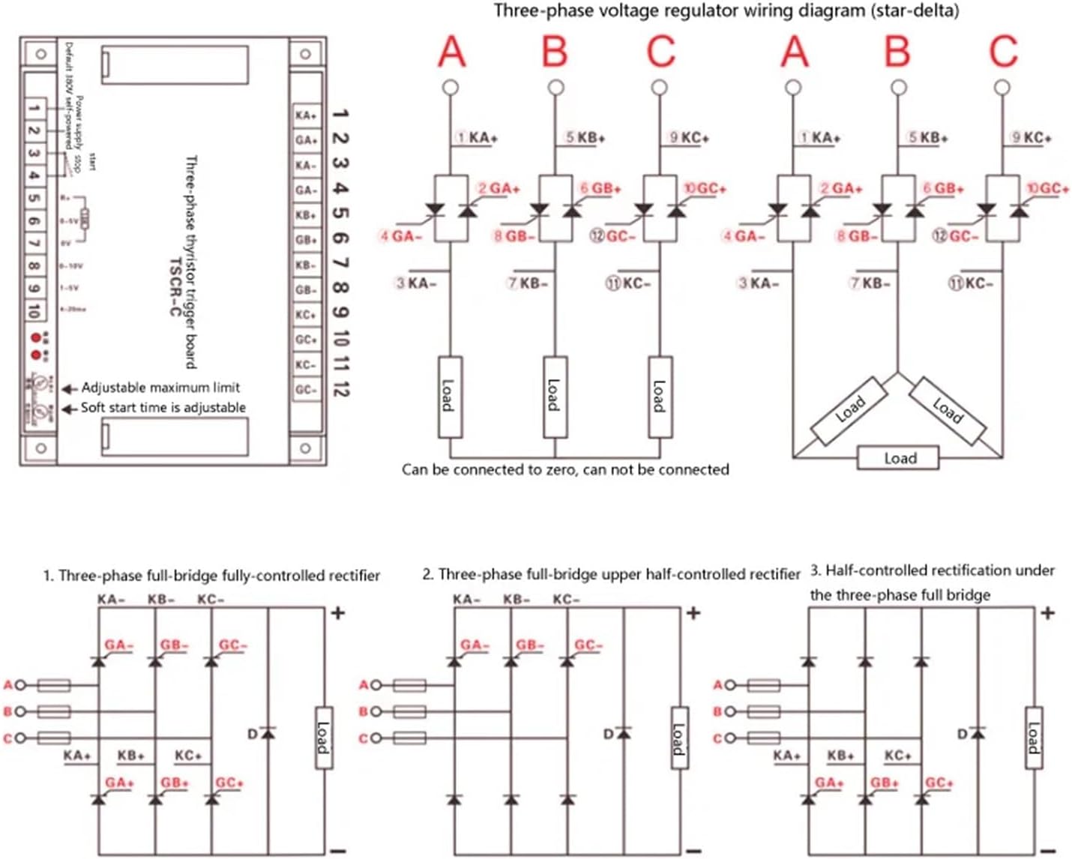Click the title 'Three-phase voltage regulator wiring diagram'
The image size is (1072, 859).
[x=726, y=10]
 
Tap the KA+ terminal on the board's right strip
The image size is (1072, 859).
[x=305, y=115]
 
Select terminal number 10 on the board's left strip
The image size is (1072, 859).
[x=34, y=310]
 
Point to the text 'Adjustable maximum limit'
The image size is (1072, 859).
[x=160, y=388]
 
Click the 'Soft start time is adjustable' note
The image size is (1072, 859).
[x=163, y=408]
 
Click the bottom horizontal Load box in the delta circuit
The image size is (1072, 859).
[x=898, y=458]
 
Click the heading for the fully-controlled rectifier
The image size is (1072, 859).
[x=211, y=576]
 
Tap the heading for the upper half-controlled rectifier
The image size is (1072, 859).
[x=611, y=574]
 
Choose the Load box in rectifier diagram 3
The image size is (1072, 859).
[x=1033, y=738]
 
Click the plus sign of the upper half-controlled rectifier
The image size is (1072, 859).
[x=693, y=613]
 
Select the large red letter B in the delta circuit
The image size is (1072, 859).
[x=897, y=52]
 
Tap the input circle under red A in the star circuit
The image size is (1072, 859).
[x=451, y=88]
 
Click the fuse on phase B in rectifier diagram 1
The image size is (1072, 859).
[x=54, y=711]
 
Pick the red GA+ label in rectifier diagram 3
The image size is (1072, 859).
[x=829, y=783]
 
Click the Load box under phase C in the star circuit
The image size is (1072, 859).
[x=660, y=397]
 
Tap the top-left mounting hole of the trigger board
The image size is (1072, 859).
[x=40, y=54]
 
